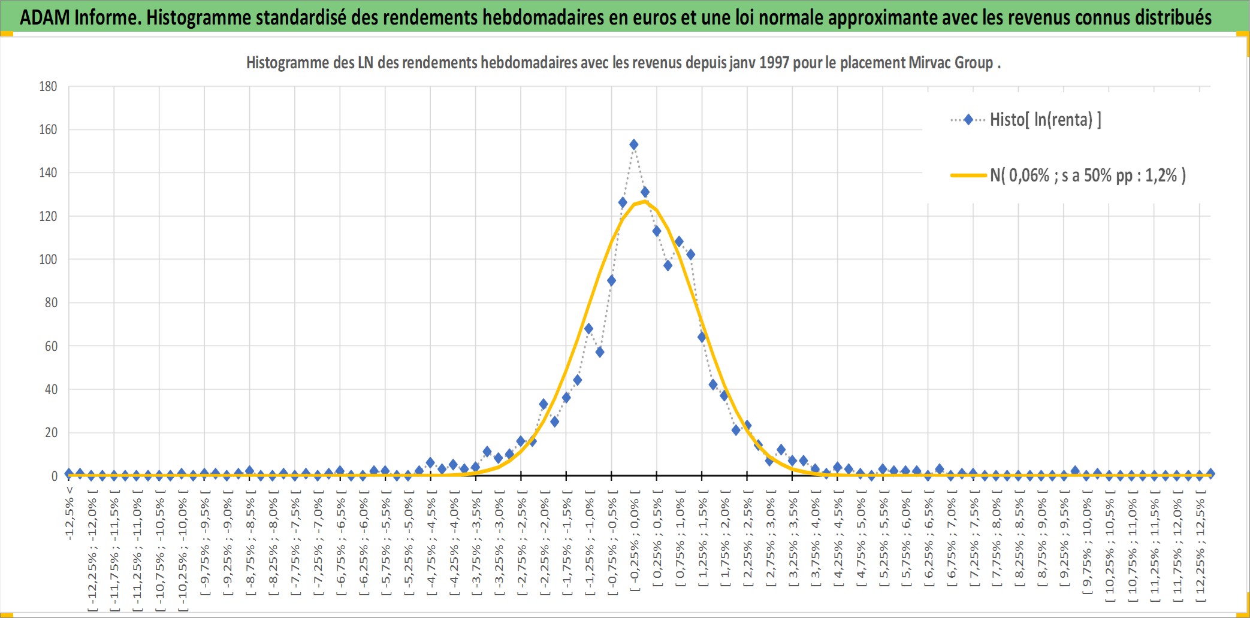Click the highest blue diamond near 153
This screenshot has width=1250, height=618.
click(x=633, y=144)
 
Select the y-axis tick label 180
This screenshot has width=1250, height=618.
click(x=48, y=86)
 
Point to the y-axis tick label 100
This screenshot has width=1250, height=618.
click(x=48, y=259)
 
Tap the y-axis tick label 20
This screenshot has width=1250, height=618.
click(x=51, y=432)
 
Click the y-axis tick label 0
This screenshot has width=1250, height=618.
click(x=55, y=476)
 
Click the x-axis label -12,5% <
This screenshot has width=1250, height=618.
click(x=70, y=513)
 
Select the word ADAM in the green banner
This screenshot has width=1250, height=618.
click(x=45, y=17)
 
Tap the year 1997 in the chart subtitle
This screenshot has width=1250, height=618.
click(x=774, y=63)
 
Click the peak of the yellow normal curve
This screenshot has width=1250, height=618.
click(x=644, y=201)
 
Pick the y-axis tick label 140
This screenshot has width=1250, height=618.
click(x=48, y=172)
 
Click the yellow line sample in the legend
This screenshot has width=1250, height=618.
click(x=968, y=175)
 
